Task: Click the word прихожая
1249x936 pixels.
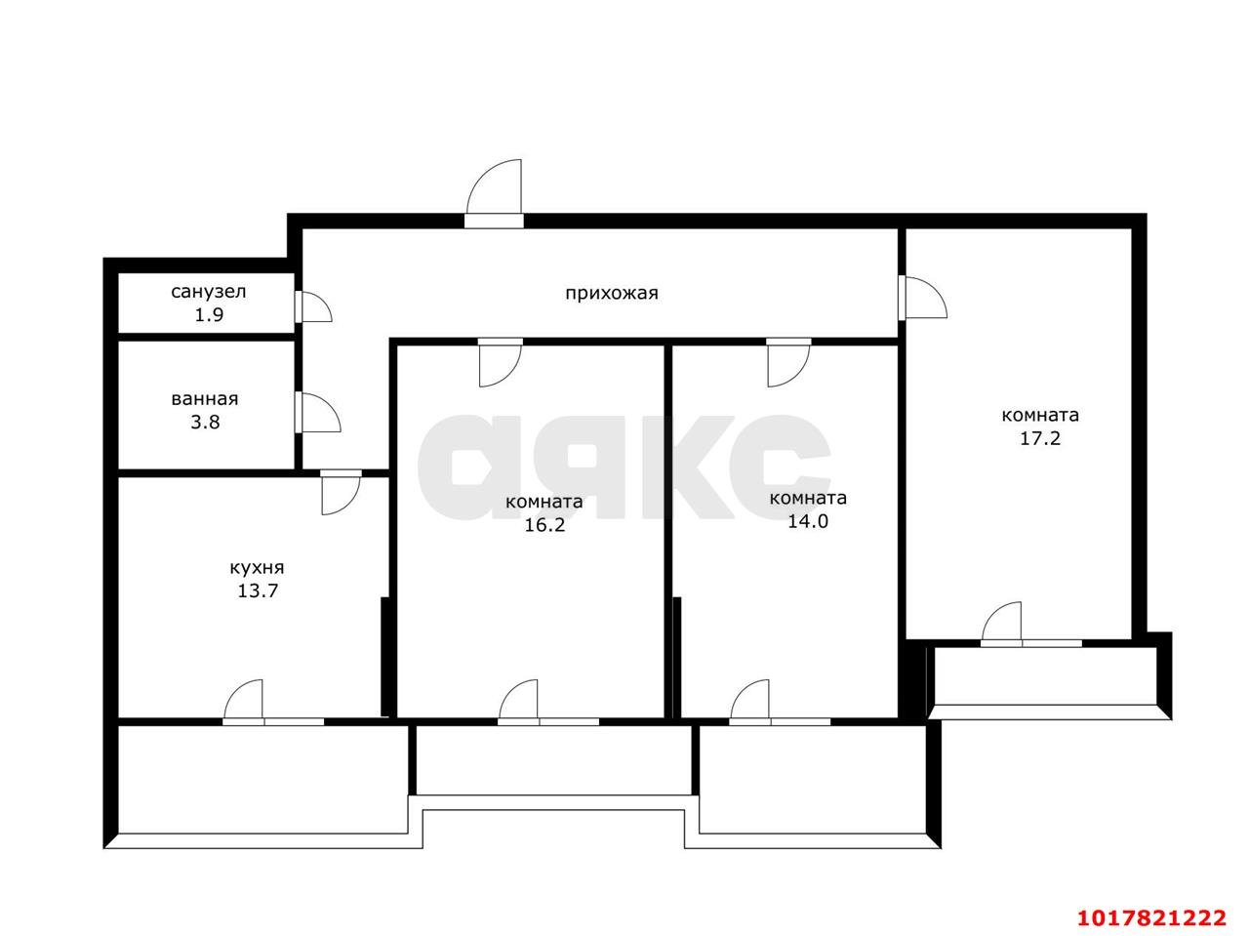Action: pyautogui.click(x=611, y=294)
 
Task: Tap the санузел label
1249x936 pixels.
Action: pyautogui.click(x=208, y=292)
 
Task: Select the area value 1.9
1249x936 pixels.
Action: pyautogui.click(x=209, y=314)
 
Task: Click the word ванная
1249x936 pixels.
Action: pyautogui.click(x=204, y=399)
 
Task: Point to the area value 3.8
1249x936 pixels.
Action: pyautogui.click(x=205, y=423)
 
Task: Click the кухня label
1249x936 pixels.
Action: pyautogui.click(x=257, y=568)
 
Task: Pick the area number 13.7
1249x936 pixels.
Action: pyautogui.click(x=258, y=591)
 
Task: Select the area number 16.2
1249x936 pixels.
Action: pyautogui.click(x=544, y=525)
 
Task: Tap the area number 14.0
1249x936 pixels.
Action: pyautogui.click(x=807, y=521)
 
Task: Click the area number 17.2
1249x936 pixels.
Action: pyautogui.click(x=1039, y=438)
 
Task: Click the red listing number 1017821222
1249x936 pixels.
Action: pyautogui.click(x=1151, y=917)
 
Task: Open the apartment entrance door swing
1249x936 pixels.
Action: pyautogui.click(x=494, y=187)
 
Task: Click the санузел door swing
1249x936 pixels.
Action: pyautogui.click(x=316, y=306)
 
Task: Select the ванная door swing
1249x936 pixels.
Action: pyautogui.click(x=321, y=412)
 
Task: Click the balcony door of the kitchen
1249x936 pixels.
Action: pyautogui.click(x=244, y=699)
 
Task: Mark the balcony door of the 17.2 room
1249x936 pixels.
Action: pyautogui.click(x=1001, y=622)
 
